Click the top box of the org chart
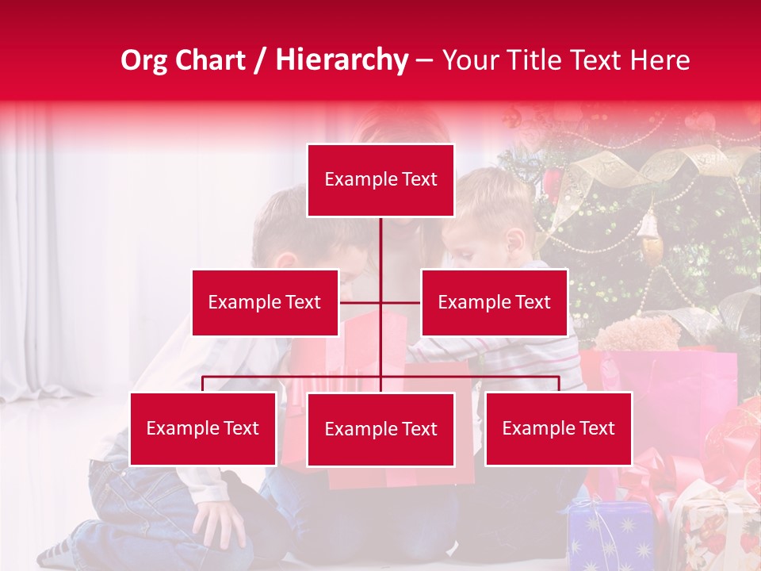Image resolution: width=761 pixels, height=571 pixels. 380,180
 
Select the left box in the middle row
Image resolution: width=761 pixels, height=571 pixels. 265,302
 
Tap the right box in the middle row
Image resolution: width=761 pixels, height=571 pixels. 494,302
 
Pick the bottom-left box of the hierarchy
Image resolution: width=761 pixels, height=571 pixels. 203,428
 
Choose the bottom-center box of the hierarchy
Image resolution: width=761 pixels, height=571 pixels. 380,429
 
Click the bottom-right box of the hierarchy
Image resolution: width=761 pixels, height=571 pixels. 558,428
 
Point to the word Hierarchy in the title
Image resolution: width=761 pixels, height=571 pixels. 341,60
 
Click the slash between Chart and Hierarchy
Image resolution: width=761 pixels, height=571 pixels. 260,60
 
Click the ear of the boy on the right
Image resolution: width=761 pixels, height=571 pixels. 516,240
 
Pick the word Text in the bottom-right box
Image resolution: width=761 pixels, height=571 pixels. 596,428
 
